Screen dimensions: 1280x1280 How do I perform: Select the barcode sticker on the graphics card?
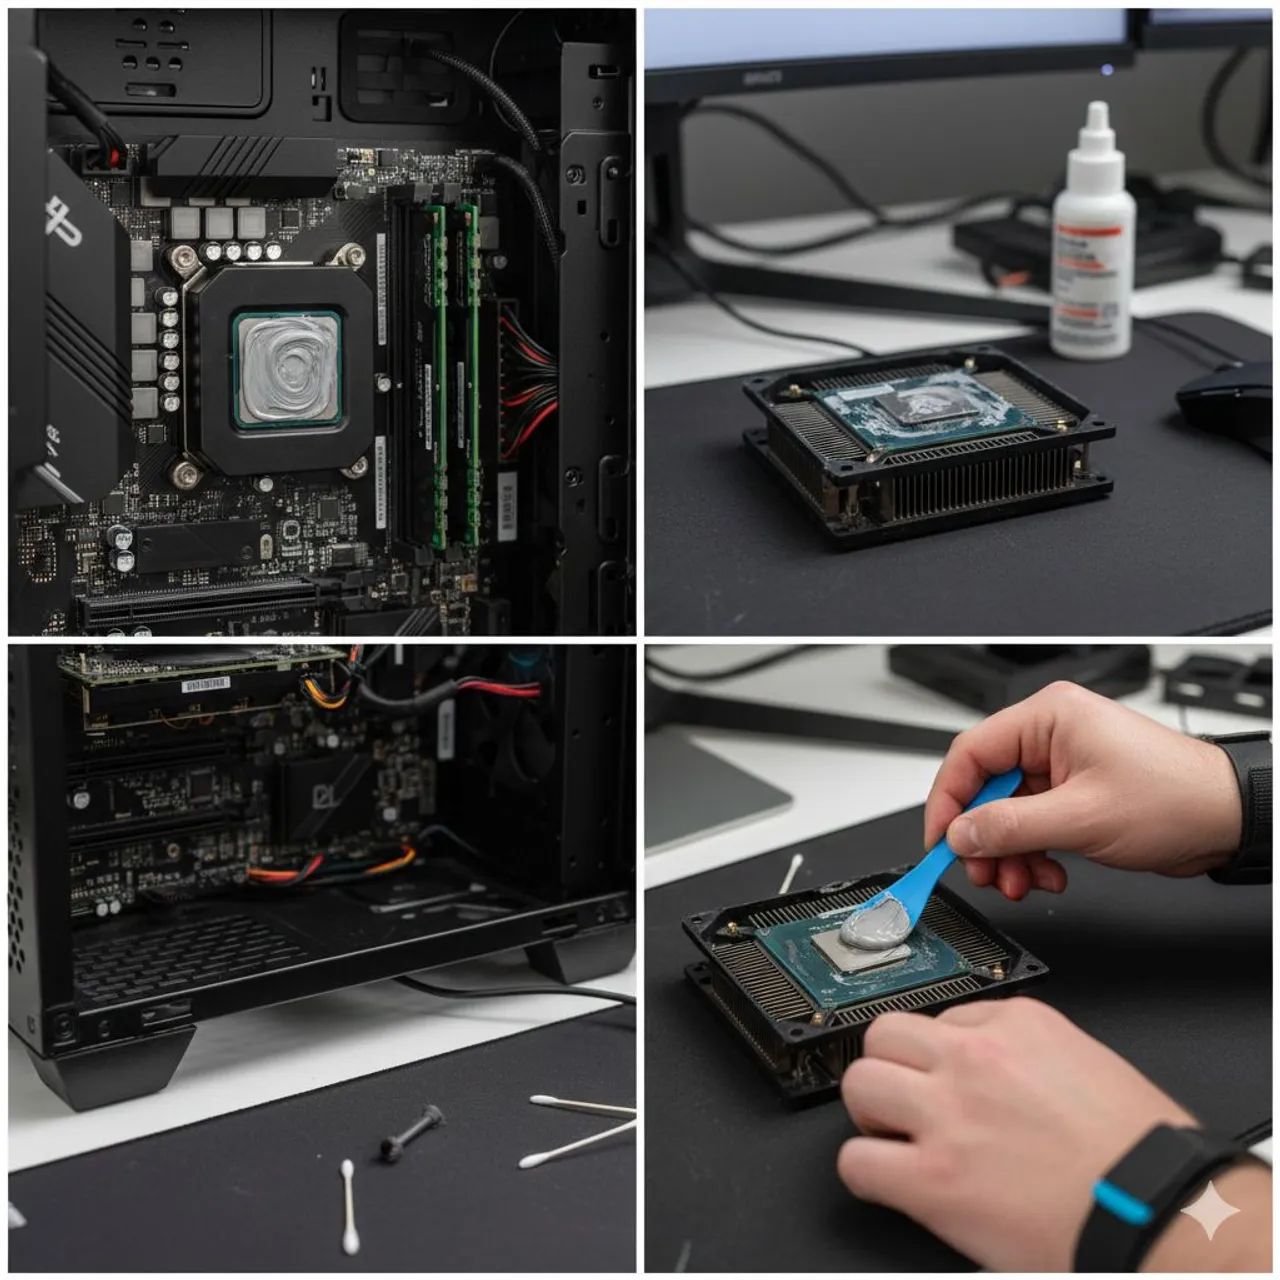coord(205,684)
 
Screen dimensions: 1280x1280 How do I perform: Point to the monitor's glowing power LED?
coord(1106,69)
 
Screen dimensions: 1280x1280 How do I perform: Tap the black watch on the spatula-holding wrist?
coord(1246,800)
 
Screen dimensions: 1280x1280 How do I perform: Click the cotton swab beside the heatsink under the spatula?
coord(790,873)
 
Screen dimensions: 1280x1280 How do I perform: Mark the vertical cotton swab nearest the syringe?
coord(349,1207)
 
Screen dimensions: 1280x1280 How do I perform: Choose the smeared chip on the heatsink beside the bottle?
coord(920,408)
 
